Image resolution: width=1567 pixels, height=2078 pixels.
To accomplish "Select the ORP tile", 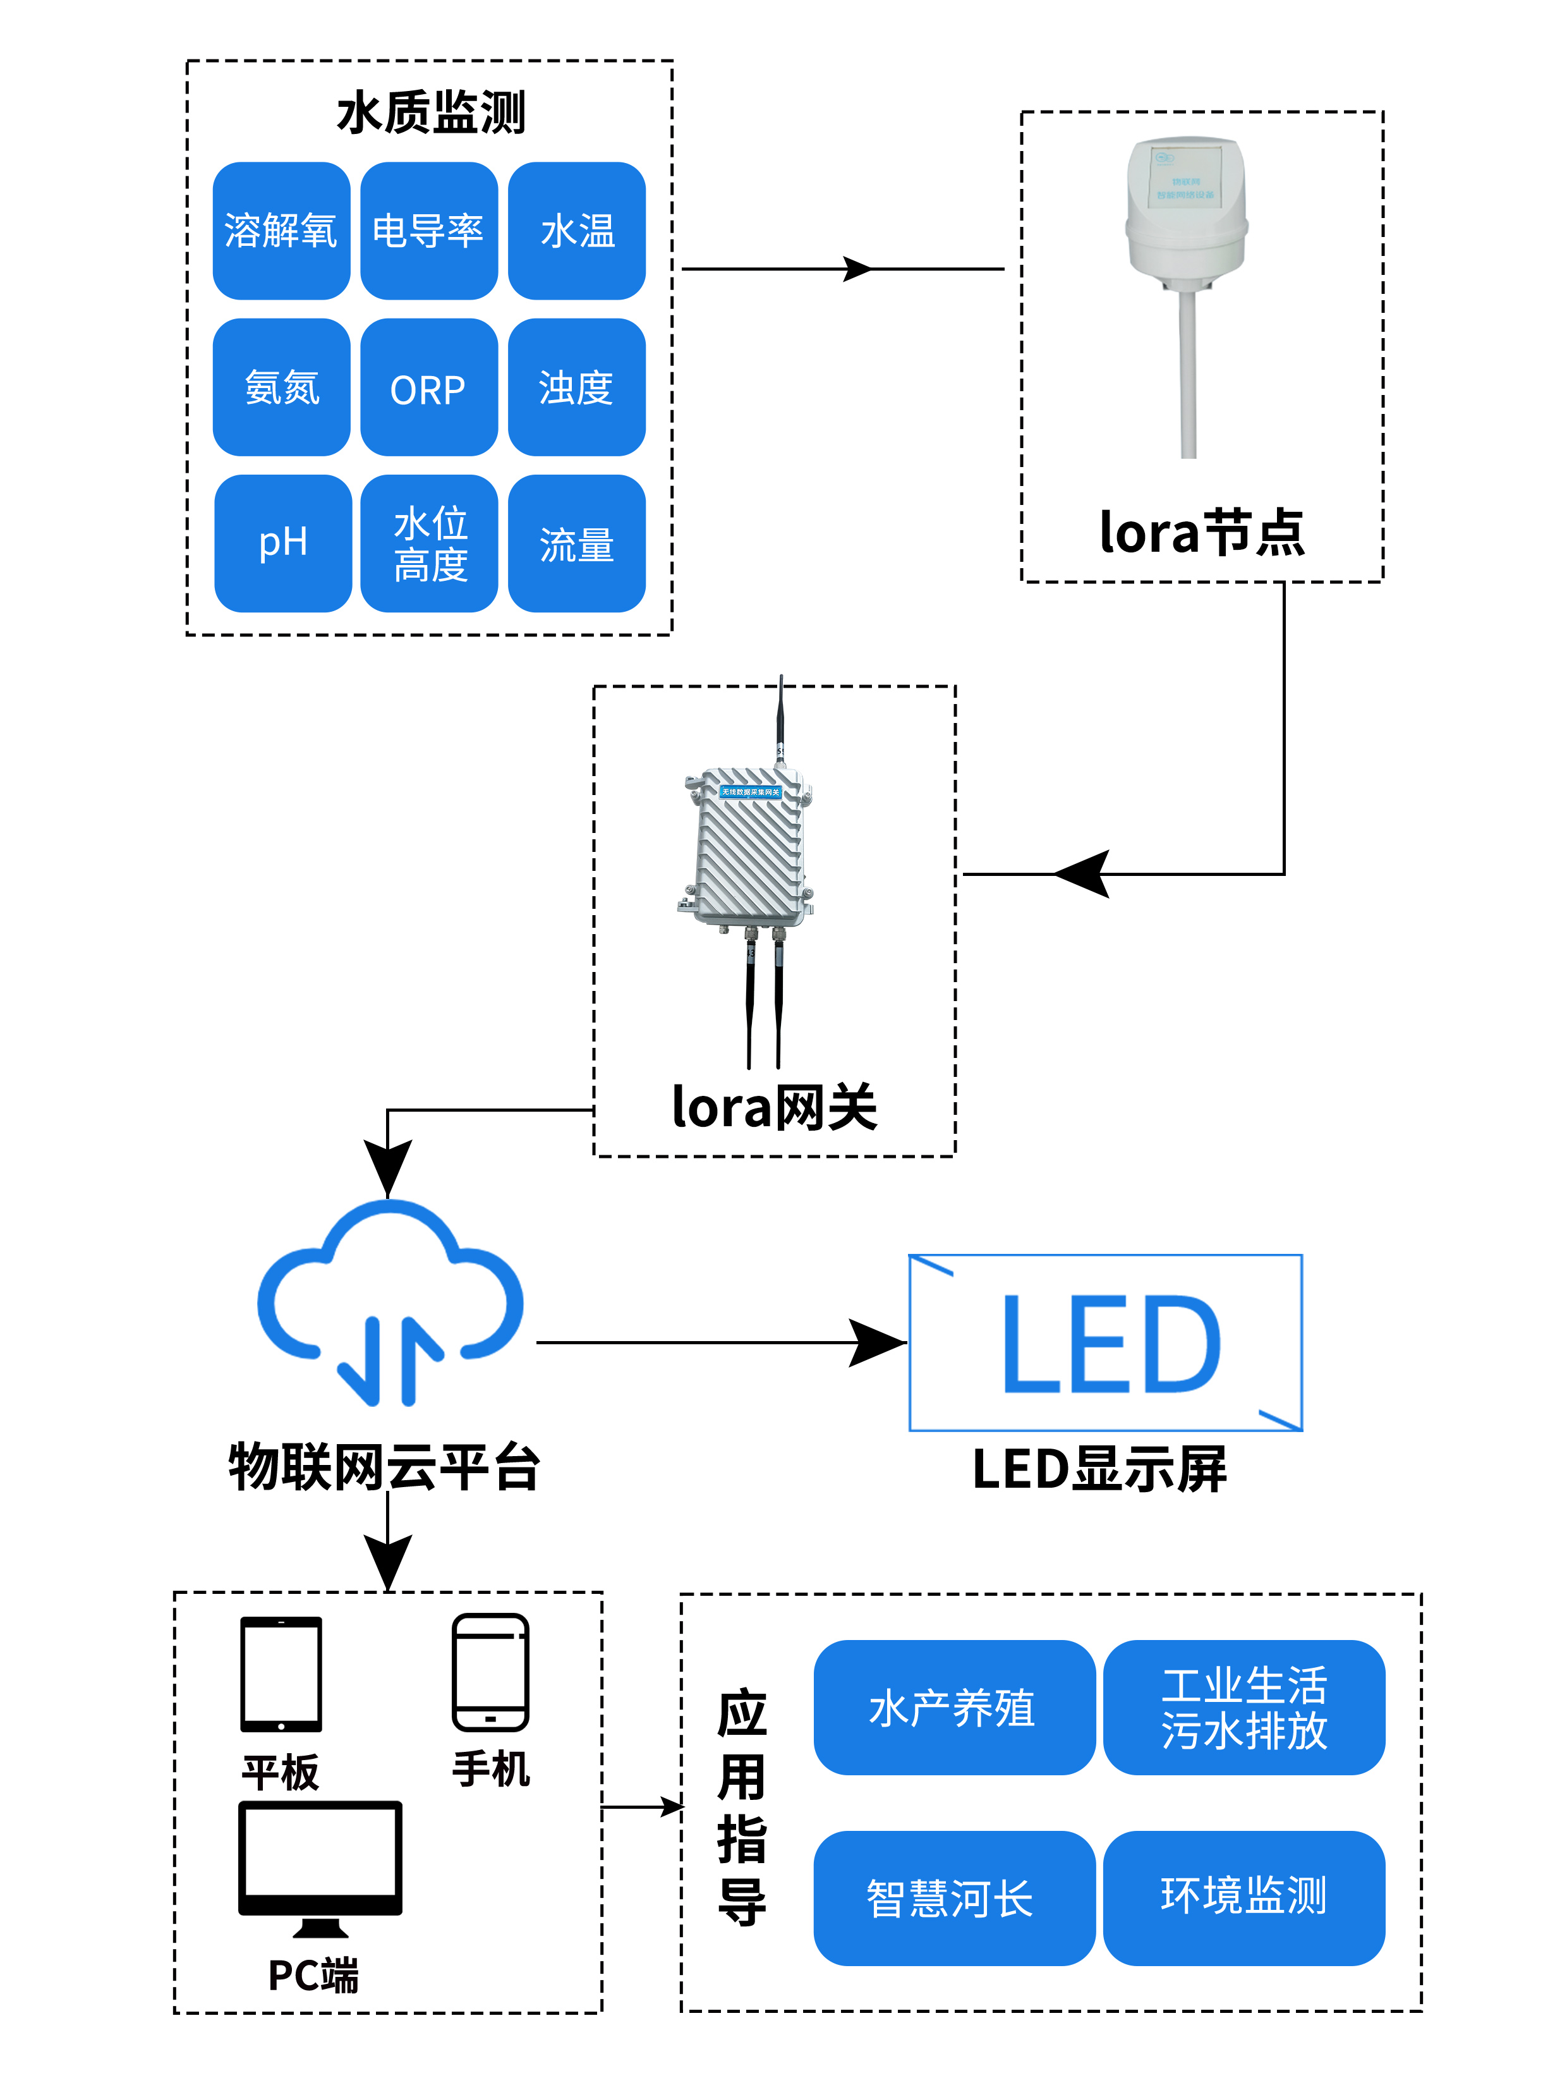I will pyautogui.click(x=428, y=387).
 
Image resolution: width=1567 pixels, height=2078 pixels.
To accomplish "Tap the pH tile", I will pyautogui.click(x=283, y=543).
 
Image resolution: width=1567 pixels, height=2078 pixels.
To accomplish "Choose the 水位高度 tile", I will pyautogui.click(x=429, y=543).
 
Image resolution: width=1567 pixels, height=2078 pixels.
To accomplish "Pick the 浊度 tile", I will pyautogui.click(x=576, y=387).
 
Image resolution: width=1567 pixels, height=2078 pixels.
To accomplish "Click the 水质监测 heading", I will pyautogui.click(x=430, y=112).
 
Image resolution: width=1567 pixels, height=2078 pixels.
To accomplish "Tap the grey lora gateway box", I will pyautogui.click(x=749, y=848).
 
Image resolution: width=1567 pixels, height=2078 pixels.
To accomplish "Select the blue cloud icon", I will pyautogui.click(x=389, y=1301).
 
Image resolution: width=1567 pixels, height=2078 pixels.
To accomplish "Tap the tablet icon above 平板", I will pyautogui.click(x=281, y=1673).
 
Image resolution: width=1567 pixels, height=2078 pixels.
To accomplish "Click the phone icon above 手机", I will pyautogui.click(x=490, y=1672).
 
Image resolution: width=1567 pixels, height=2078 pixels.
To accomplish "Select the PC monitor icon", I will pyautogui.click(x=320, y=1865).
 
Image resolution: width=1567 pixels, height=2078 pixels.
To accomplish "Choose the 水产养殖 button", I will pyautogui.click(x=953, y=1707).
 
